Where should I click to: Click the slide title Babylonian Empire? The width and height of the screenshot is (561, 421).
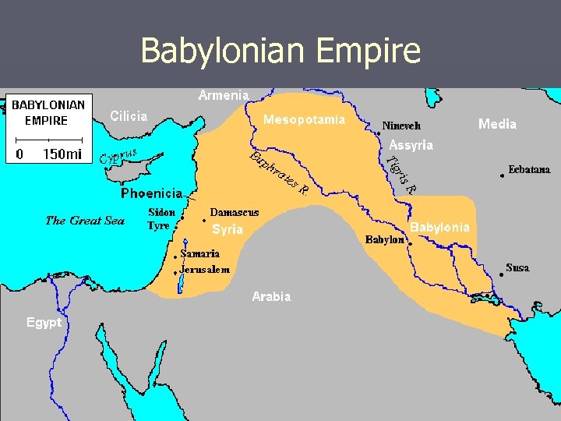tap(280, 51)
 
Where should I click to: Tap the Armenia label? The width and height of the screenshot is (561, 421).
tap(224, 95)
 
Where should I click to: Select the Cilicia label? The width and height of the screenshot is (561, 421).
tap(129, 116)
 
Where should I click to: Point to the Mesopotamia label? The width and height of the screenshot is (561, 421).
tap(304, 120)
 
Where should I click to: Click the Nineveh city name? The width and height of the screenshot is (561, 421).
tap(401, 126)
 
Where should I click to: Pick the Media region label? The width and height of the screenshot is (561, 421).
tap(497, 124)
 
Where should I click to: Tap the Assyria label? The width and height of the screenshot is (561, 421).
tap(411, 145)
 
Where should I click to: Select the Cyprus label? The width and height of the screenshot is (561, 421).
tap(118, 156)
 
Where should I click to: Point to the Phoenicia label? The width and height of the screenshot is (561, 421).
tap(151, 193)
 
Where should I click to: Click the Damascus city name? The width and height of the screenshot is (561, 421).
tap(235, 212)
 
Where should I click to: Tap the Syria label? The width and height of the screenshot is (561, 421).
tap(228, 229)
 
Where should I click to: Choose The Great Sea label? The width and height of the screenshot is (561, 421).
tap(85, 221)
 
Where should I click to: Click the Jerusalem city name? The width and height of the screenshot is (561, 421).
tap(205, 270)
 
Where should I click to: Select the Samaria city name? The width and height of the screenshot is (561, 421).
tap(200, 253)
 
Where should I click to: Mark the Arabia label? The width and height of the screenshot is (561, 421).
tap(271, 296)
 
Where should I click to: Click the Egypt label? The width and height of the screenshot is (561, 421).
tap(44, 322)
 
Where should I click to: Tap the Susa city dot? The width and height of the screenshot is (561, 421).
tap(501, 274)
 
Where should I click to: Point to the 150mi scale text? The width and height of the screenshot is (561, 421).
tap(62, 154)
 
